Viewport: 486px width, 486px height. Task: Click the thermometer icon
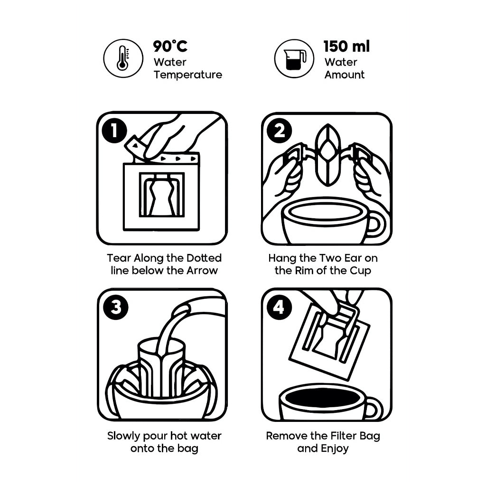[x=123, y=58]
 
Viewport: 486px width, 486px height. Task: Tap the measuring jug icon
[x=294, y=58]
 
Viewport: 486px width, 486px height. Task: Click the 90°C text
[x=170, y=47]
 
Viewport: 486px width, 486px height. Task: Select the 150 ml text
[x=346, y=47]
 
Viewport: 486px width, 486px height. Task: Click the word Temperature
[x=187, y=75]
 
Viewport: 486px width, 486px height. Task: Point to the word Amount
[x=345, y=75]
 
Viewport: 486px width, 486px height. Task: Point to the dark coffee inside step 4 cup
[x=323, y=398]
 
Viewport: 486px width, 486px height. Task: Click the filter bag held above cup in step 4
[x=330, y=339]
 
